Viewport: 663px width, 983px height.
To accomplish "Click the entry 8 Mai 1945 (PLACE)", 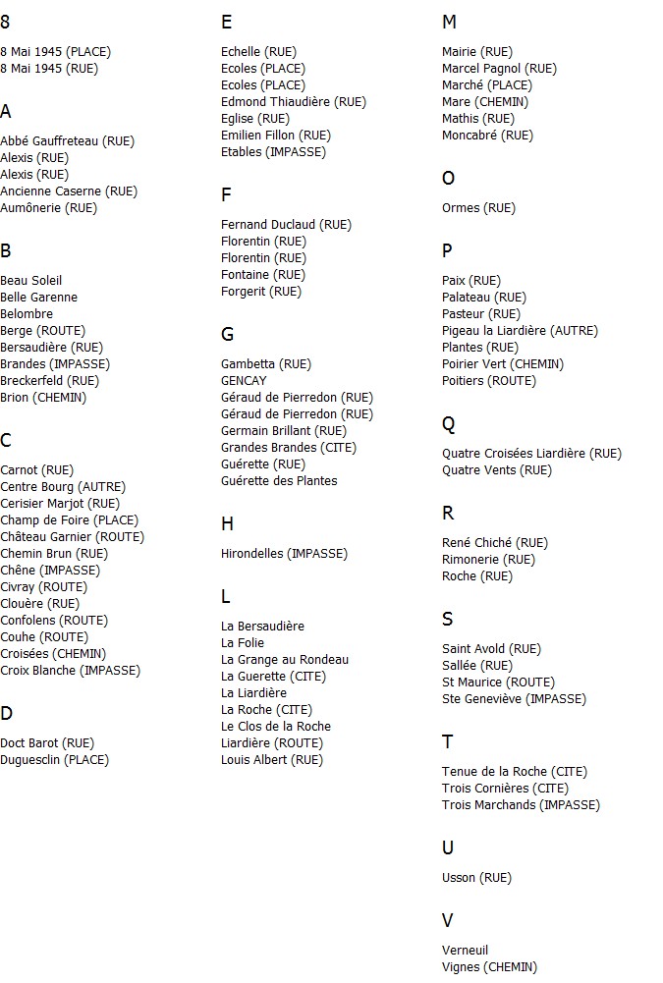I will [x=55, y=52].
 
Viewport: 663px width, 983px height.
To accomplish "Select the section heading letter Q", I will [x=449, y=424].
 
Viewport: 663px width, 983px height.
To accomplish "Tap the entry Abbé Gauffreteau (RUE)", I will [x=68, y=141].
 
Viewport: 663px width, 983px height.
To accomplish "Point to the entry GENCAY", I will [x=244, y=381].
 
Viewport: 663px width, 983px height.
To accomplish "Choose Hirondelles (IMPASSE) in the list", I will [x=284, y=554].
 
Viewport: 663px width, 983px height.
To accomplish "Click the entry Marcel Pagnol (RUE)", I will [x=499, y=69].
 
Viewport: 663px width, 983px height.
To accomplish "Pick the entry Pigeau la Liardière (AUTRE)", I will [x=520, y=331].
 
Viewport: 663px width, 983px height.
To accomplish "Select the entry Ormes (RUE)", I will [x=478, y=208].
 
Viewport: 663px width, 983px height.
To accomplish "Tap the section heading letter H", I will [x=228, y=524].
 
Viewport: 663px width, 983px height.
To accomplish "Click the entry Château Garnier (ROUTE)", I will [x=72, y=537].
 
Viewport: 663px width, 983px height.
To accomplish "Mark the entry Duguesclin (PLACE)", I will [x=54, y=760].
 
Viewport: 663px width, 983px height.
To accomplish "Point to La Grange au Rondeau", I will [x=285, y=660].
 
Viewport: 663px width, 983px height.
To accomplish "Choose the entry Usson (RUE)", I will [x=476, y=878].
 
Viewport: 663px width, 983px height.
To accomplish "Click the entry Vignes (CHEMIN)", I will [x=489, y=967].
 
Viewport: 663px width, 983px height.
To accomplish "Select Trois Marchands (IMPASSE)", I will [x=521, y=805].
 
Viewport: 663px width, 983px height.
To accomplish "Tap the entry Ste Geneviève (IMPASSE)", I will [x=514, y=699].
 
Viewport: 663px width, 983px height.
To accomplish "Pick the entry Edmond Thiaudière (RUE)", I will [x=293, y=102].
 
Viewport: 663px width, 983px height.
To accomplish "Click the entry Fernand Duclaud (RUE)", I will [x=286, y=225].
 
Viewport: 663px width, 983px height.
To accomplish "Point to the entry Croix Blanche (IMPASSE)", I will [x=70, y=671].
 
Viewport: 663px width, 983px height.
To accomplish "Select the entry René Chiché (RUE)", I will [x=495, y=543].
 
